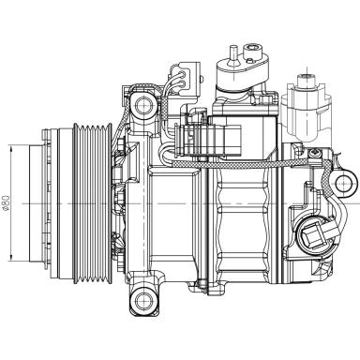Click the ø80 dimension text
coord(8,202)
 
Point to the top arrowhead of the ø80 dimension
coord(8,148)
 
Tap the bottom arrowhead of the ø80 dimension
coord(8,260)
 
